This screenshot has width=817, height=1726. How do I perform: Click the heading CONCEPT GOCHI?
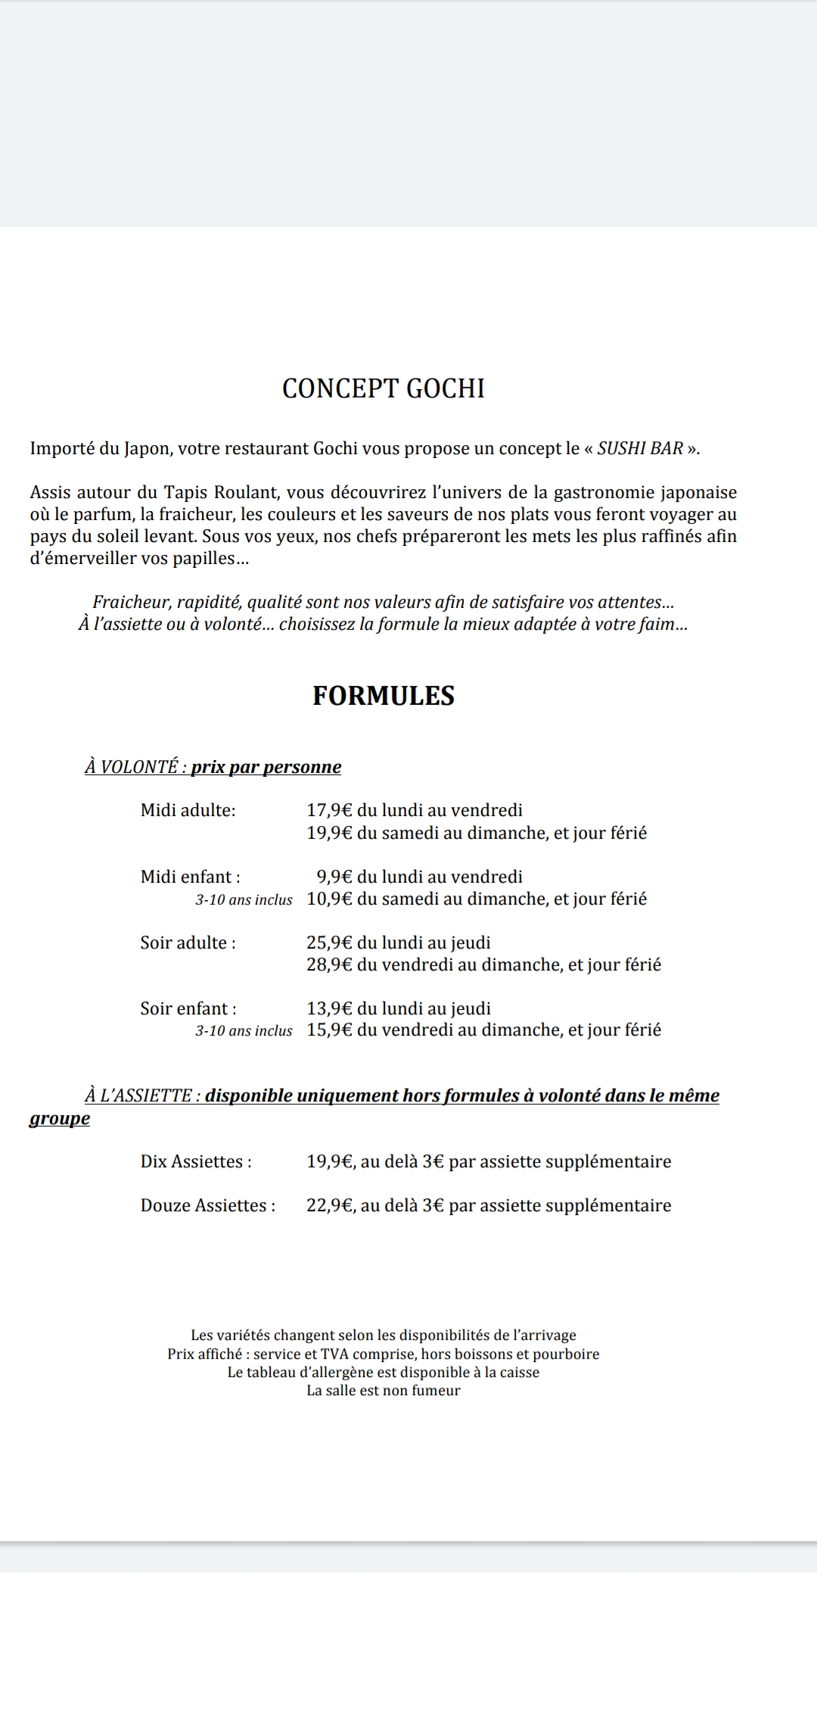(x=383, y=388)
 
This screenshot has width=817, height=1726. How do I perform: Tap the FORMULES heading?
(x=384, y=696)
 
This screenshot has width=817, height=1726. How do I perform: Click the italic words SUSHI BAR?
(x=640, y=448)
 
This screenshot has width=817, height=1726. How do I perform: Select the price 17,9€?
(x=329, y=811)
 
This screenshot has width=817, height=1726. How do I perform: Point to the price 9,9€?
(x=334, y=877)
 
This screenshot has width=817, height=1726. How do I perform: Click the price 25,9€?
(x=329, y=943)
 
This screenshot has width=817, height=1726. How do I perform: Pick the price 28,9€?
(x=329, y=965)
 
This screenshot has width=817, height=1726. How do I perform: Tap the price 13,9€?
(x=329, y=1009)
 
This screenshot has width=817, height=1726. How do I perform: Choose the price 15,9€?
(x=329, y=1030)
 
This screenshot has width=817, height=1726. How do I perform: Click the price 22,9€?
(x=331, y=1206)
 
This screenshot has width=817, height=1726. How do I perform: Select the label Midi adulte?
(x=188, y=811)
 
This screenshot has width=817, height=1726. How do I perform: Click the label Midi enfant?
(x=190, y=877)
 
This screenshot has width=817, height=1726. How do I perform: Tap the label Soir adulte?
(x=188, y=943)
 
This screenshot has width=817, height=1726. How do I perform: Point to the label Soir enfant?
(x=188, y=1009)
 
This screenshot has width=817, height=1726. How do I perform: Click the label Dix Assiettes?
(x=196, y=1162)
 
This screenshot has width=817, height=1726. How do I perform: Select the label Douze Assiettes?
(x=208, y=1206)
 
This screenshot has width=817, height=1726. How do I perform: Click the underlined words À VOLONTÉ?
(x=132, y=768)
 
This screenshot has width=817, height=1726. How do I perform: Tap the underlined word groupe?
(x=59, y=1119)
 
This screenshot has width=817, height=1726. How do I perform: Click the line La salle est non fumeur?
(x=383, y=1391)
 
